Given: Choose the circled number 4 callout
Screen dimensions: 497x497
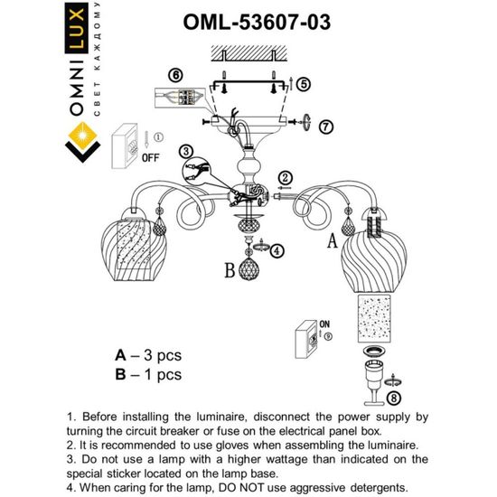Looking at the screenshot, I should [x=277, y=250].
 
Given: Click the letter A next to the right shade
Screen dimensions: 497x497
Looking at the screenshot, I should [x=332, y=241].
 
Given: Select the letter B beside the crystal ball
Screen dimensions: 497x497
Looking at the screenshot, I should [x=230, y=270].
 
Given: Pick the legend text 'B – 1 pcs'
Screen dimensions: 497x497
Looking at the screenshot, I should [x=148, y=373].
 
